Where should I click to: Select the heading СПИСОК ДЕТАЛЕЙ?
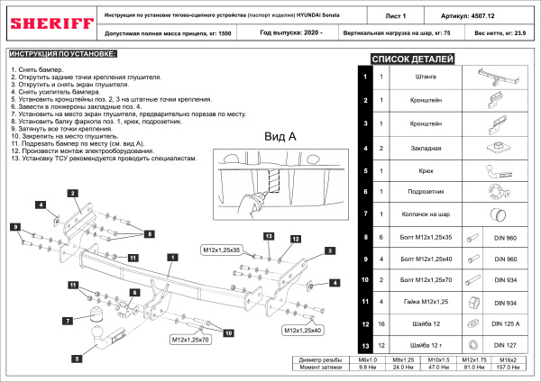[413, 59]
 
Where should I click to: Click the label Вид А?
[280, 136]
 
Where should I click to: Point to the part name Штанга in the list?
[427, 77]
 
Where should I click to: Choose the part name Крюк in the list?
[427, 168]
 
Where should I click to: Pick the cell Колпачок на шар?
[427, 214]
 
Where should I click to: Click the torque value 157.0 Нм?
[510, 368]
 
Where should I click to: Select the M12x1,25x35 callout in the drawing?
[220, 247]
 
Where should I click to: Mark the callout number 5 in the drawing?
[78, 358]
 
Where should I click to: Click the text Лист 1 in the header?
[383, 15]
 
